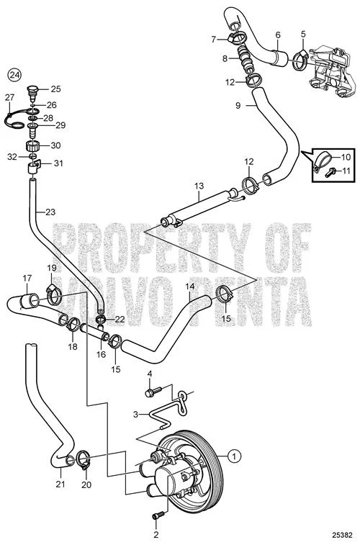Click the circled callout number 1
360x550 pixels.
click(x=234, y=456)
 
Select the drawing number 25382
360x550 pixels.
click(x=342, y=536)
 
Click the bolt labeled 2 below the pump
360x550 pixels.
click(x=158, y=515)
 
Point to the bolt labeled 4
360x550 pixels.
click(x=153, y=392)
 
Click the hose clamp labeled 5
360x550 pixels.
click(x=300, y=58)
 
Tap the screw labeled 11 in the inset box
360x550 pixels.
click(x=330, y=172)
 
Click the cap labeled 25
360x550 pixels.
click(x=32, y=91)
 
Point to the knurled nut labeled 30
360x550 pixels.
click(x=34, y=145)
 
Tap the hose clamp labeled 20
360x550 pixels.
click(x=83, y=459)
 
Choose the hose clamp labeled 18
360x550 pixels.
click(x=73, y=325)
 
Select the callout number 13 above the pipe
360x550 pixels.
click(x=199, y=186)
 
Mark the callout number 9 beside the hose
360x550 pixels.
click(x=238, y=105)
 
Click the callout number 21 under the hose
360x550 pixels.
click(x=60, y=484)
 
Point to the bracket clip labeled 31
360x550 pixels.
click(x=35, y=165)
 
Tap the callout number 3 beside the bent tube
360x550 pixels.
click(x=136, y=414)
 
